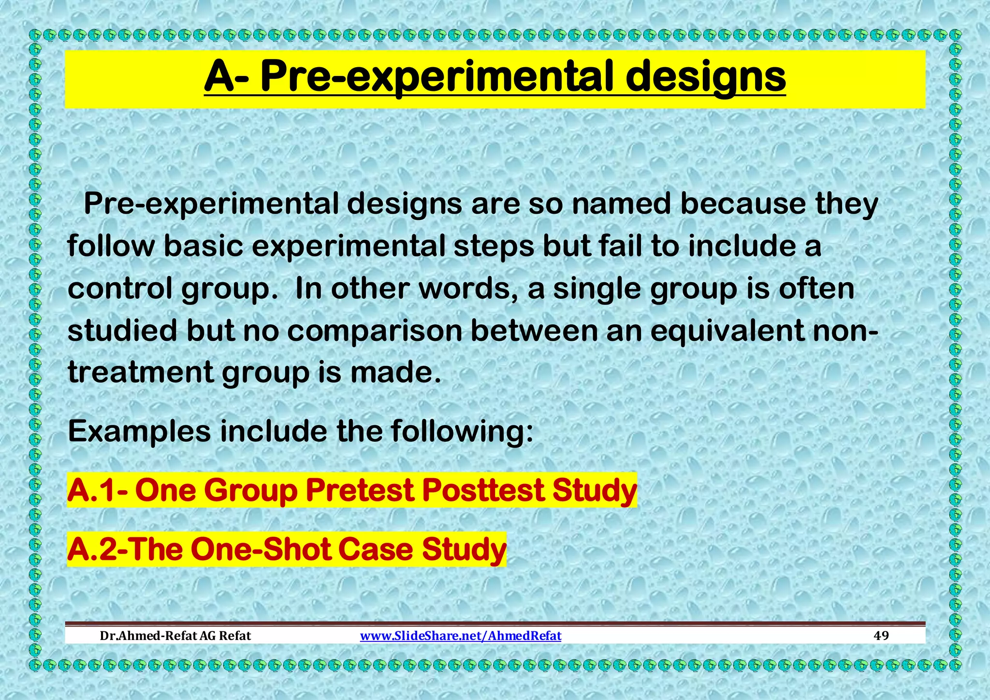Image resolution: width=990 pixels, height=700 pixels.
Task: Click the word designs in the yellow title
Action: pyautogui.click(x=706, y=77)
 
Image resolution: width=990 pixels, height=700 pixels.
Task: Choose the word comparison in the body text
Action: pyautogui.click(x=375, y=331)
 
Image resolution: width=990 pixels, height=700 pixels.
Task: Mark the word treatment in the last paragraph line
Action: pyautogui.click(x=140, y=373)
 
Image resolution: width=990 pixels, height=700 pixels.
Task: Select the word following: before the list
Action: pyautogui.click(x=462, y=432)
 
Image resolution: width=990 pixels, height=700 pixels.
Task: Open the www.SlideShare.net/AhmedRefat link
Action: pyautogui.click(x=460, y=636)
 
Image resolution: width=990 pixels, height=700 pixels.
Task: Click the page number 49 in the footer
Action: pyautogui.click(x=881, y=636)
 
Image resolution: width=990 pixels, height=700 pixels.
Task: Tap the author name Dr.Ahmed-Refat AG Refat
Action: pyautogui.click(x=175, y=636)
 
